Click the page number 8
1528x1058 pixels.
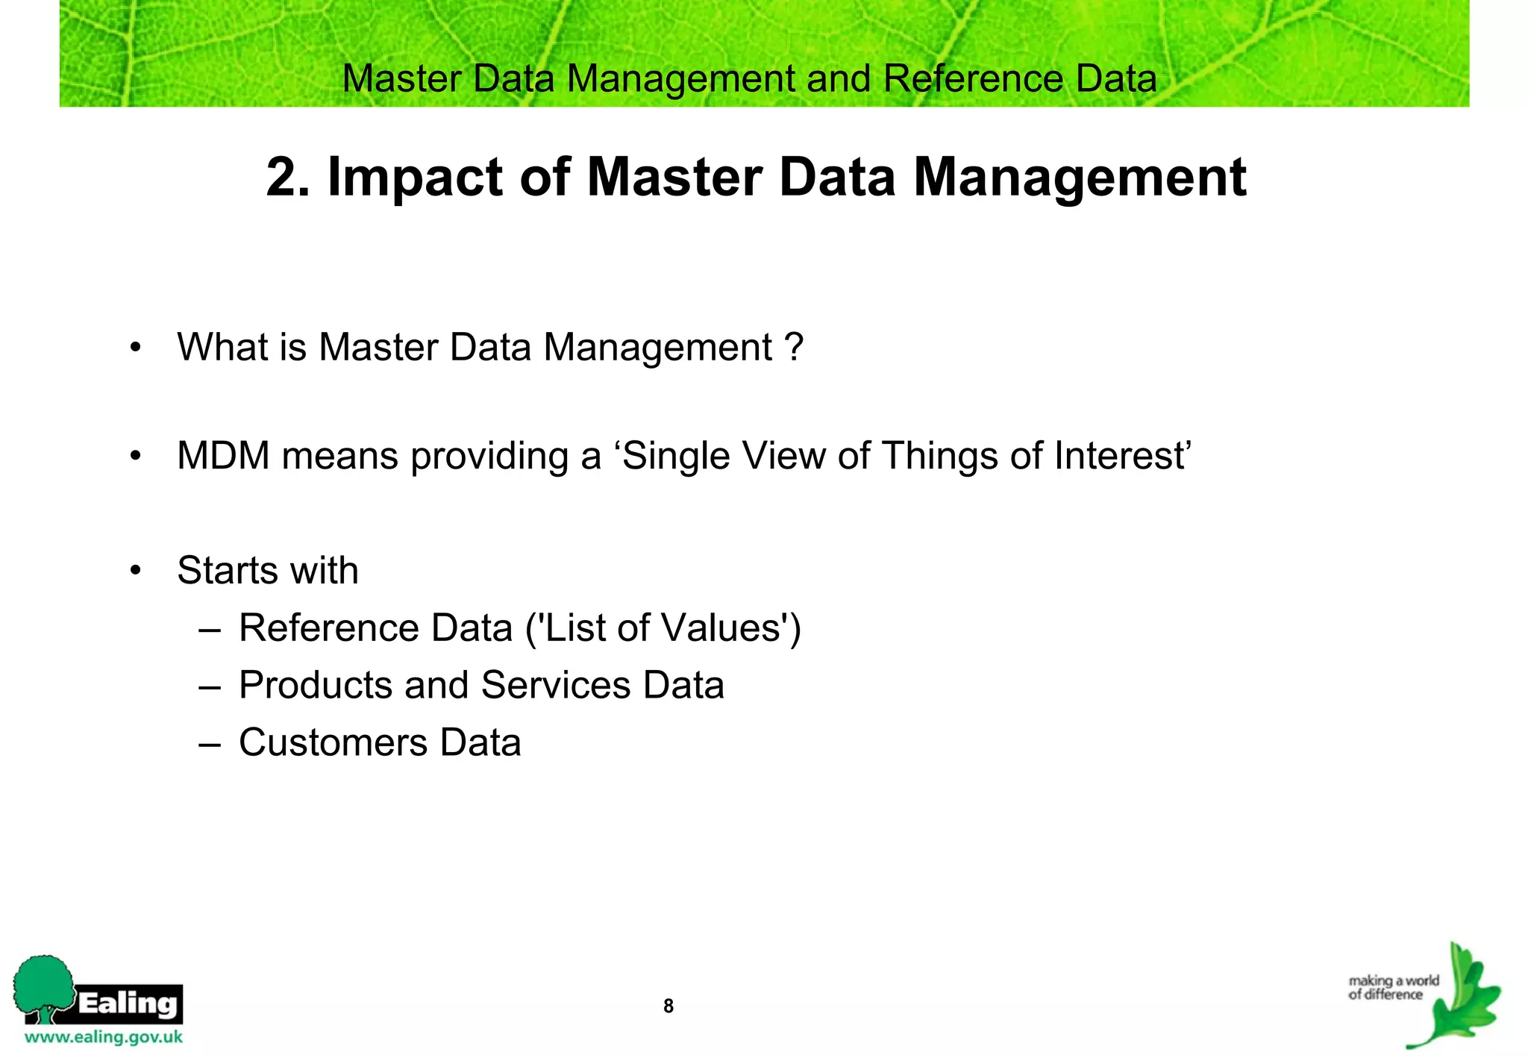668,1006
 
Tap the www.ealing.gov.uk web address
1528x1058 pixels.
104,1037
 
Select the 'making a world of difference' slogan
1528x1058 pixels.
1393,987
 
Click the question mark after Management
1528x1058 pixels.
794,347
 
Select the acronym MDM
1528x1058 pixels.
223,455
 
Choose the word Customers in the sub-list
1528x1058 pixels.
333,742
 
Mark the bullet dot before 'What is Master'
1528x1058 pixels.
135,348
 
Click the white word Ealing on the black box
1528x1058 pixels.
128,1003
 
